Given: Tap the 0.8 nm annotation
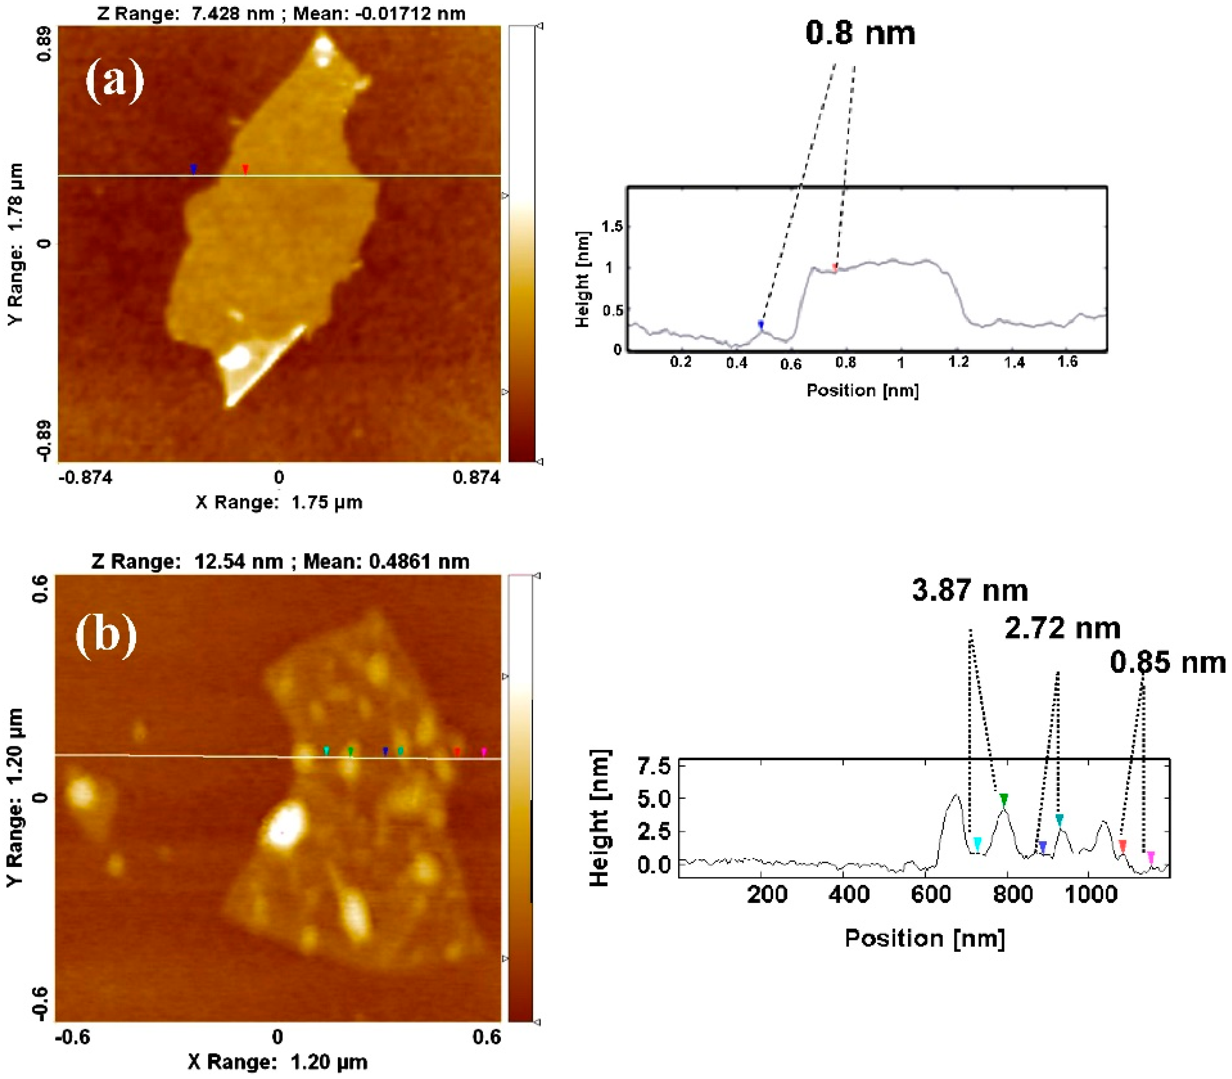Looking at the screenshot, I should (x=860, y=33).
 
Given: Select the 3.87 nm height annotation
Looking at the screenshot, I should (x=970, y=590).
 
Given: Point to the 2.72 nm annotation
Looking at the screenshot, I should (x=1062, y=628).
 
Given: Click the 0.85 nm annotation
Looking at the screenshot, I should (x=1168, y=662).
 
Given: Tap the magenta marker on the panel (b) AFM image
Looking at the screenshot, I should (x=484, y=752).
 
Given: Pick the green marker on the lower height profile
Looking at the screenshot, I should (x=1003, y=799).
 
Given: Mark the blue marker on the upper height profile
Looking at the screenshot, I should (x=761, y=325).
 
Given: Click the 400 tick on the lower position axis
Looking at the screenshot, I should (x=848, y=894).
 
